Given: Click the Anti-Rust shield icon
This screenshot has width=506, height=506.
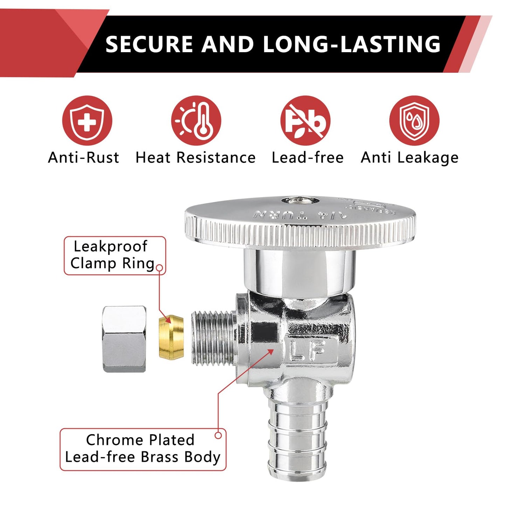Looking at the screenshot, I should (x=87, y=120).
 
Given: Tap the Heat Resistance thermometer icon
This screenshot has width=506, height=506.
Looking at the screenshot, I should (x=196, y=120).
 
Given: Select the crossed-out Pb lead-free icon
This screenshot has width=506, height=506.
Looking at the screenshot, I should (x=305, y=120).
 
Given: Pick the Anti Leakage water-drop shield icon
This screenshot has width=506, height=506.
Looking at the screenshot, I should (x=414, y=120).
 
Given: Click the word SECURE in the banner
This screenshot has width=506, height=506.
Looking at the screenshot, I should (x=149, y=44).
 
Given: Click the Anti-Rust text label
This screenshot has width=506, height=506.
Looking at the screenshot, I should (x=84, y=158).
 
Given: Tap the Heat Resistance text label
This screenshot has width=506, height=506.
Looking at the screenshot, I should (x=195, y=158).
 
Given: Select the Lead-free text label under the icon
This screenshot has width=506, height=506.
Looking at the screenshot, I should (x=308, y=158).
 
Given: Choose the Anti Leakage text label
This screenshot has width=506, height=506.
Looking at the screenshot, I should (x=409, y=158).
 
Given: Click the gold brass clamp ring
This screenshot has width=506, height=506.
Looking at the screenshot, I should (x=171, y=337).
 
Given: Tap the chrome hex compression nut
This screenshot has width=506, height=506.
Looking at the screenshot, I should (x=124, y=339).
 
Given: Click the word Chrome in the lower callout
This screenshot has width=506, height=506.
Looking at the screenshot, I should (x=114, y=440).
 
